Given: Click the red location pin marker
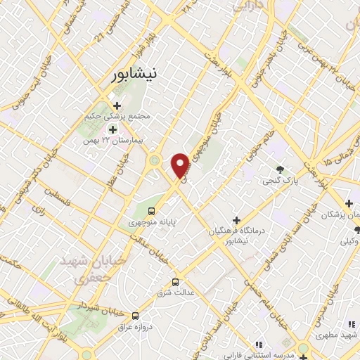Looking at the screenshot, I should click(x=181, y=165).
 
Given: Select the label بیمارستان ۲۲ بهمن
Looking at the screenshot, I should click(x=113, y=140).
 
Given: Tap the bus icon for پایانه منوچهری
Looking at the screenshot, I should click(x=151, y=210).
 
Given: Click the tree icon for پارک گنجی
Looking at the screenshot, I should click(x=280, y=169).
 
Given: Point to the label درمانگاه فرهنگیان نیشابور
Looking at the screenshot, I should click(x=237, y=235).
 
